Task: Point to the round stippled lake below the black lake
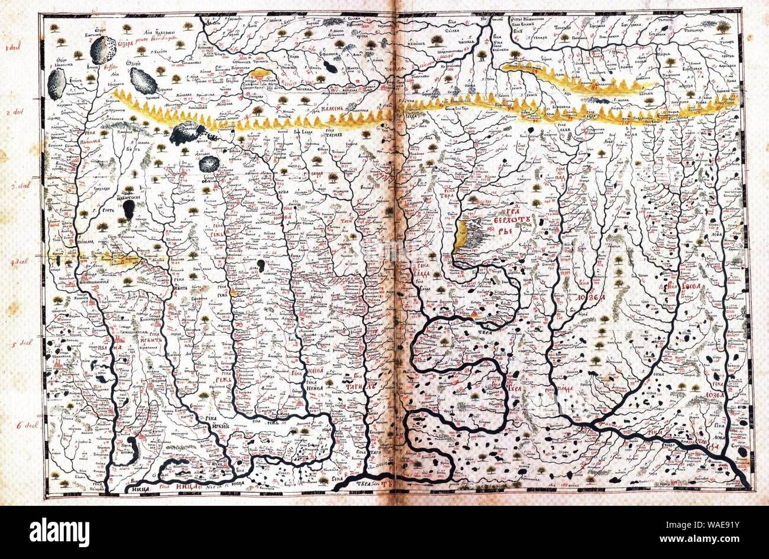click(x=209, y=164)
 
